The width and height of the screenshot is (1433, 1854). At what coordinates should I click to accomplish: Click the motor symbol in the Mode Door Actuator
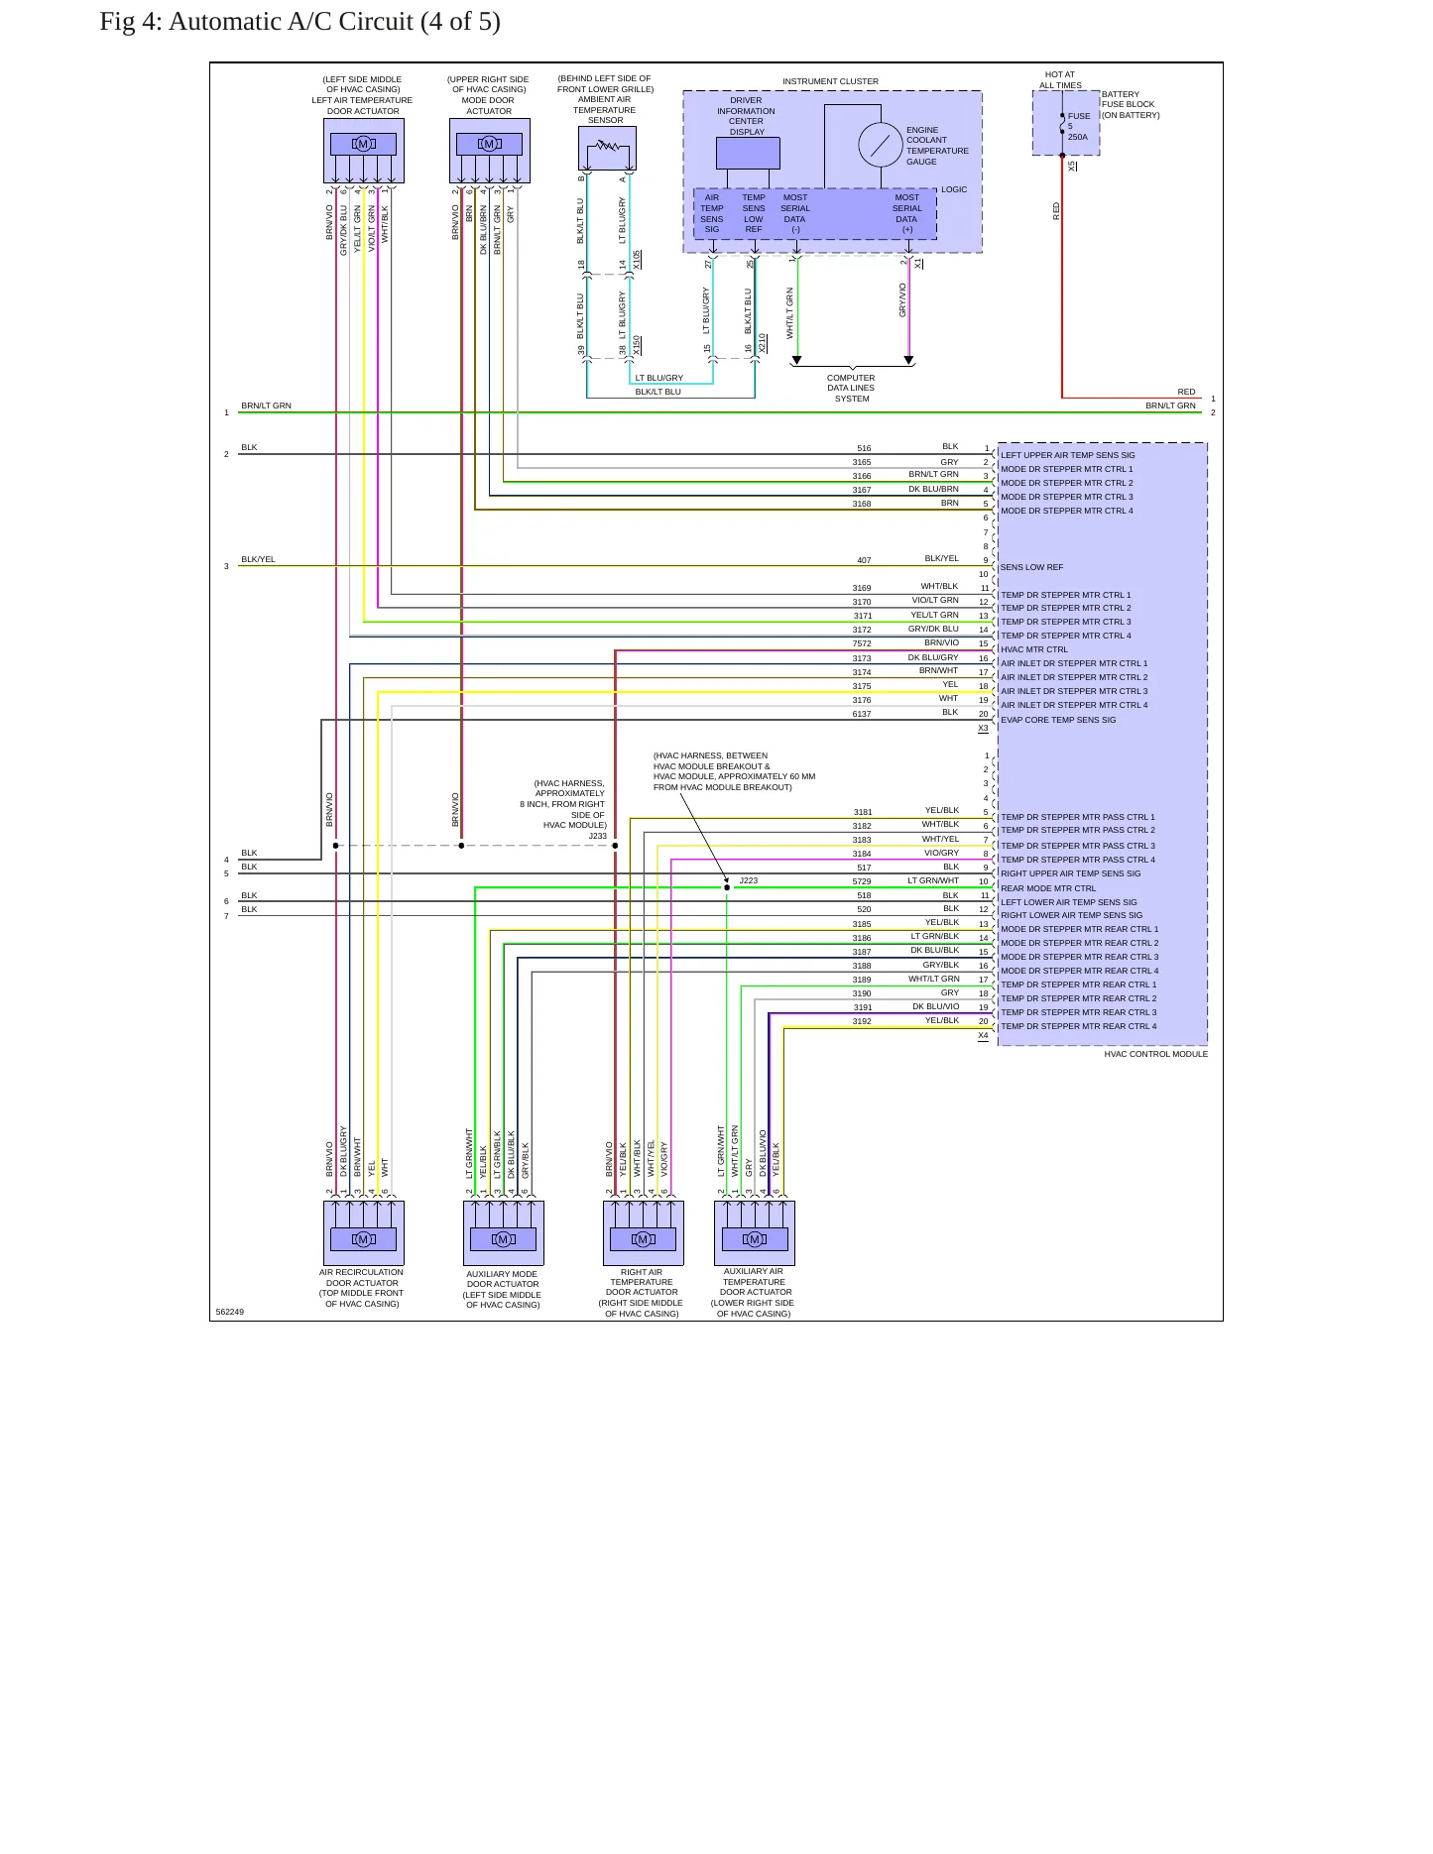coord(489,144)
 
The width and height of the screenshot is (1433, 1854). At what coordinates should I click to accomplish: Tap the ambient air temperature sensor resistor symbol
coord(607,147)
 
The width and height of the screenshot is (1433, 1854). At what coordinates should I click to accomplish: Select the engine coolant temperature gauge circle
coord(881,145)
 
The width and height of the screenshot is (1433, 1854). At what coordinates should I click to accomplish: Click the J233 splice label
coord(597,836)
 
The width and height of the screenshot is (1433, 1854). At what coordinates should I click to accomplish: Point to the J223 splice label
coord(749,880)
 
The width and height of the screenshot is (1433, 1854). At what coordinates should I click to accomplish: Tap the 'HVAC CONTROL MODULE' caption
coord(1156,1054)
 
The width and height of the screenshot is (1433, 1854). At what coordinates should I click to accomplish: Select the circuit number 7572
coord(862,643)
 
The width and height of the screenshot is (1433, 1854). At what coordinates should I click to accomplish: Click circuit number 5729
coord(862,881)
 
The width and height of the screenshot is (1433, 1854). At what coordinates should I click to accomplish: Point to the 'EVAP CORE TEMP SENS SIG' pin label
coord(1058,720)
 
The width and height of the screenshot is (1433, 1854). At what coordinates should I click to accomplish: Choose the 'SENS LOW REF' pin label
coord(1031,567)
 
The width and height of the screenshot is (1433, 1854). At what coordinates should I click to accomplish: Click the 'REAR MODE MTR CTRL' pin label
coord(1048,888)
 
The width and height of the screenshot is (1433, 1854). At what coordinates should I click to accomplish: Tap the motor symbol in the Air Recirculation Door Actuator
coord(363,1239)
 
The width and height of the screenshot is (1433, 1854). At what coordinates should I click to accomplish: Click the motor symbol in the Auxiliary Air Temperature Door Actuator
coord(755,1239)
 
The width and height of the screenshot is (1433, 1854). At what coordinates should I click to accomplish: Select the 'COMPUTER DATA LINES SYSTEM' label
coord(851,388)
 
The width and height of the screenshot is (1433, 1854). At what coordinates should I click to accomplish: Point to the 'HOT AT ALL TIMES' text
coord(1060,79)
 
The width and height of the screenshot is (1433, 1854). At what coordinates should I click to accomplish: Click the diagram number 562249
coord(230,1312)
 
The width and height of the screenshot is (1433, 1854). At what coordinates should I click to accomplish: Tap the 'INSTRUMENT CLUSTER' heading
coord(830,81)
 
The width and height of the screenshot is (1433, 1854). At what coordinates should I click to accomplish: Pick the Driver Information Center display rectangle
coord(748,154)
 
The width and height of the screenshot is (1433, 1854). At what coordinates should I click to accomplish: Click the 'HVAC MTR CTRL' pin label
coord(1034,649)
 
